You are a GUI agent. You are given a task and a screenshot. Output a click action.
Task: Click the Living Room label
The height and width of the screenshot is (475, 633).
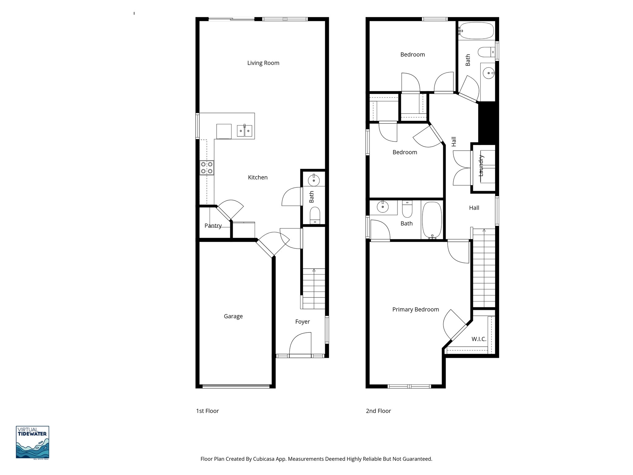(x=263, y=63)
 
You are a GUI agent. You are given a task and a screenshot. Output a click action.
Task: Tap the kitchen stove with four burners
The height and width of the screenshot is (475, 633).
(x=206, y=168)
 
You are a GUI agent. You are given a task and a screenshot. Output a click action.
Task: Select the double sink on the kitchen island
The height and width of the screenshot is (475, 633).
(x=244, y=131)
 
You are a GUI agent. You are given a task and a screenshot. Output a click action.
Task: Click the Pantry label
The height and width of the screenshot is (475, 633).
(x=213, y=226)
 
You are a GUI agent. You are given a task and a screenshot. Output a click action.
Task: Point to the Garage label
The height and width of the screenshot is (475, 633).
(x=233, y=316)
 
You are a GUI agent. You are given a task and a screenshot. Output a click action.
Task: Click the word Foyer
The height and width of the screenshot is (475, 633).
(x=302, y=322)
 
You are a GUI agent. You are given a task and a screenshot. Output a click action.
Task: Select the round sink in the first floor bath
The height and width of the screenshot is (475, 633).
(x=314, y=180)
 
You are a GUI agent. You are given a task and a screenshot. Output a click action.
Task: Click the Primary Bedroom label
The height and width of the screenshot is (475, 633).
(x=415, y=310)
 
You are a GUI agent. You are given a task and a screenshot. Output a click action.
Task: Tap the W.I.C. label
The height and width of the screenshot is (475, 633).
(x=479, y=339)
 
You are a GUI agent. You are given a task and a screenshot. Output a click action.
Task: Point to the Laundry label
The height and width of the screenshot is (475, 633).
(x=481, y=166)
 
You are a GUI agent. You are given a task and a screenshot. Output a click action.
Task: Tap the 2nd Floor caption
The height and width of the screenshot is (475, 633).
(x=378, y=411)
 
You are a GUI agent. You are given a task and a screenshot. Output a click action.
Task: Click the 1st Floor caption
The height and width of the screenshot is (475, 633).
(x=207, y=411)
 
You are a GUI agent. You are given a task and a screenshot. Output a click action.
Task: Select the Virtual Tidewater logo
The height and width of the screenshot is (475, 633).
(x=32, y=442)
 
